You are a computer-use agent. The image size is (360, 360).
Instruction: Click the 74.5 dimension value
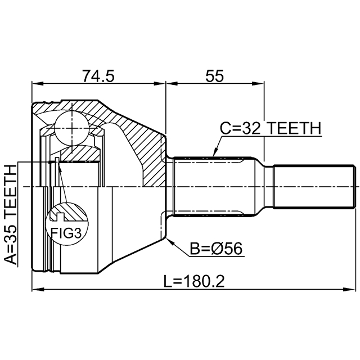(98, 76)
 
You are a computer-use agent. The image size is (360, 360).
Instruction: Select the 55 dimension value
(214, 76)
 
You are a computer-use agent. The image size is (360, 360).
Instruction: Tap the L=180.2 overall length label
(194, 281)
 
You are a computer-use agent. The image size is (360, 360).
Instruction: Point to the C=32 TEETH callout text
(271, 128)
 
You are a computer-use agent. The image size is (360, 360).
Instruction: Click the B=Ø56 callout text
(216, 249)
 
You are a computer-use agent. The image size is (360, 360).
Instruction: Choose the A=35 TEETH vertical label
(11, 215)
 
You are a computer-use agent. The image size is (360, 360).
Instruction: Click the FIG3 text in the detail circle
(66, 233)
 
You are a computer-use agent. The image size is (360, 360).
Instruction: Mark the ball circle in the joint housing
(71, 128)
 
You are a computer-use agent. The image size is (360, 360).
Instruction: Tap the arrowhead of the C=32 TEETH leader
(215, 152)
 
